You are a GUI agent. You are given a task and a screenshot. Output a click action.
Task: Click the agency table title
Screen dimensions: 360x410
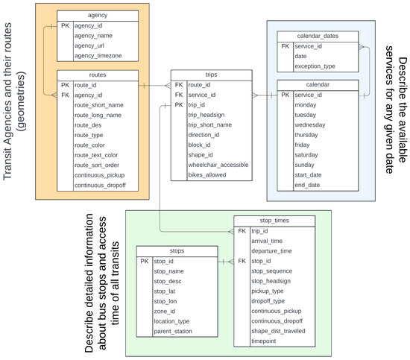(97, 16)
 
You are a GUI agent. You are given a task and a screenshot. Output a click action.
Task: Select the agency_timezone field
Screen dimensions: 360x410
(99, 56)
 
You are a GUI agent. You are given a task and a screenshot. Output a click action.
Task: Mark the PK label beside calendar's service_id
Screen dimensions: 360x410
(285, 95)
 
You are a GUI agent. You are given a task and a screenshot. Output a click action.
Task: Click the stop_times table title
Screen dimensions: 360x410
(270, 221)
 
